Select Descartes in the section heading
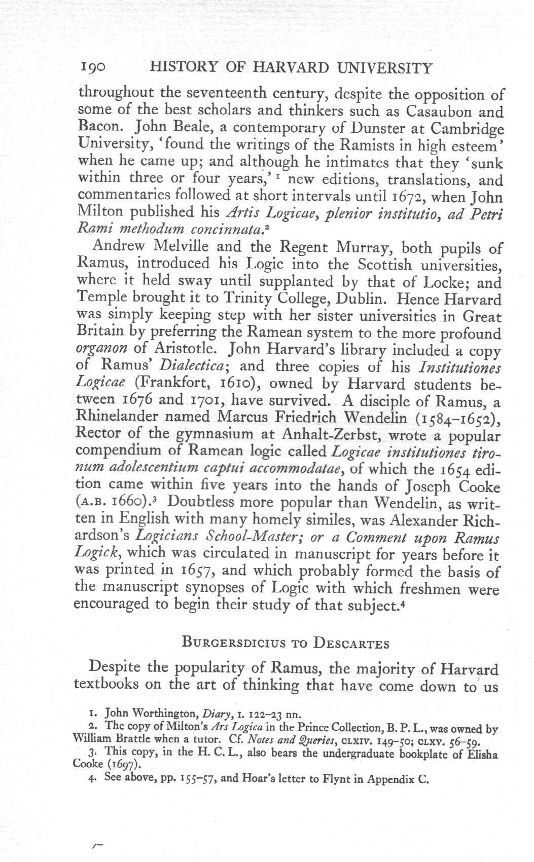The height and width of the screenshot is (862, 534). (351, 644)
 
